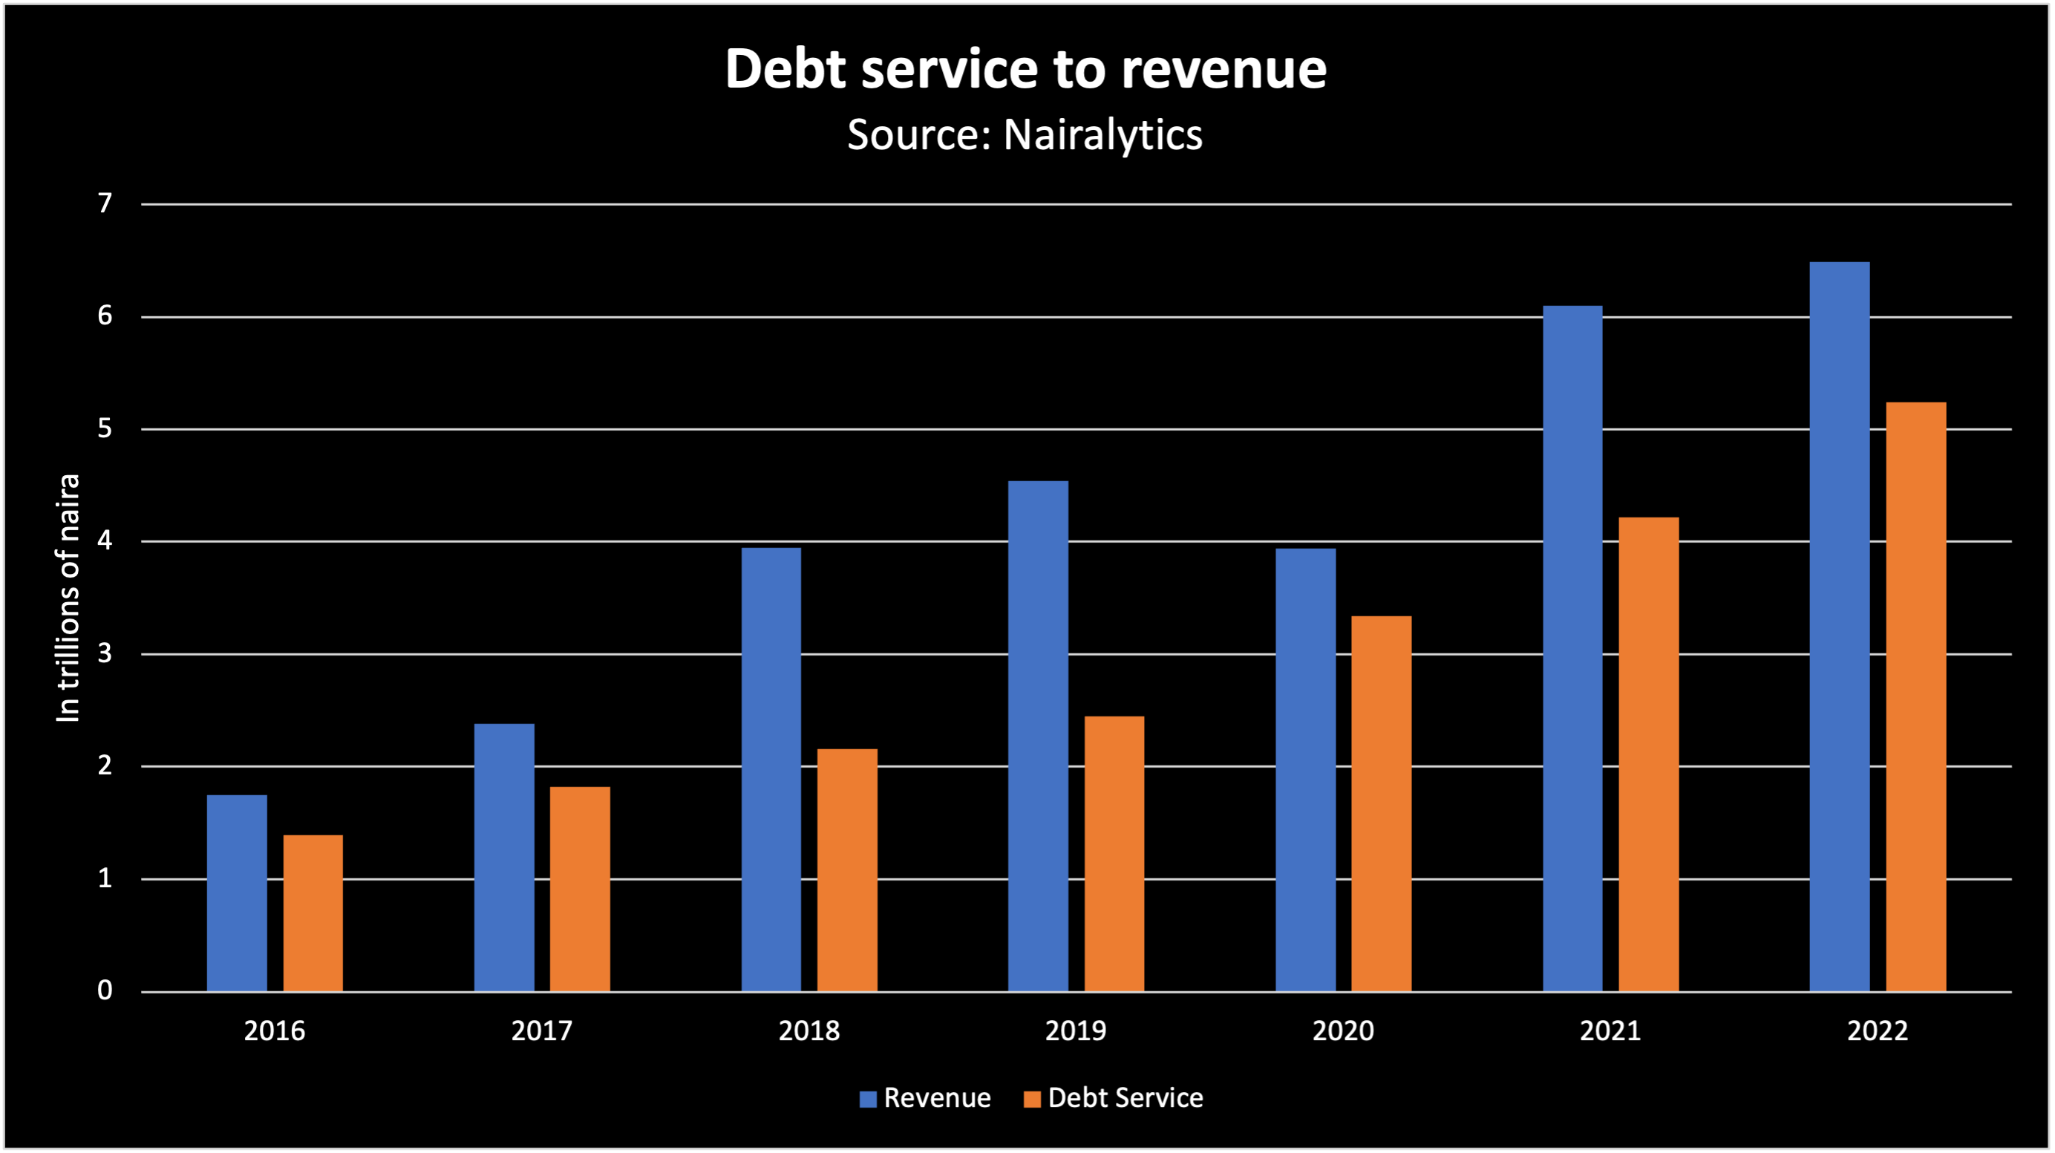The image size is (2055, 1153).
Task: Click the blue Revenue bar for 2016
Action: [237, 893]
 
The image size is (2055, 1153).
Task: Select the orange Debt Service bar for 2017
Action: [580, 889]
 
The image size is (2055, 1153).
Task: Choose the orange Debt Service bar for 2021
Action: [1648, 754]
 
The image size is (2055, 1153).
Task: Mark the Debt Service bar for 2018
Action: [847, 869]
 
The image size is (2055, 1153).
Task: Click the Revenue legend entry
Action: [925, 1098]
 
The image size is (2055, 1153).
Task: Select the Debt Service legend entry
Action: [1114, 1098]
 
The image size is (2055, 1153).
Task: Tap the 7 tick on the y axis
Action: [105, 204]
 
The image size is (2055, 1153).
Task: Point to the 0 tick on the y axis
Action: [105, 991]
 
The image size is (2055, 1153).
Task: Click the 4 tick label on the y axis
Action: [105, 542]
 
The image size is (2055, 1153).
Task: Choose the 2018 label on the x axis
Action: [809, 1031]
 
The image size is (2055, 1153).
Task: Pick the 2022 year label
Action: [1878, 1031]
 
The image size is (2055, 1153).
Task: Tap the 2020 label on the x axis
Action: [1344, 1031]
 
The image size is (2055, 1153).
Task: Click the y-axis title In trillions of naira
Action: [68, 598]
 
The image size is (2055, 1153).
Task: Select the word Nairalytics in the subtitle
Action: [1102, 134]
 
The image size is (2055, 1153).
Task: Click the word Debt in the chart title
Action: [785, 70]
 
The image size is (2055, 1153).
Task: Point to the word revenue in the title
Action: [1223, 70]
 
